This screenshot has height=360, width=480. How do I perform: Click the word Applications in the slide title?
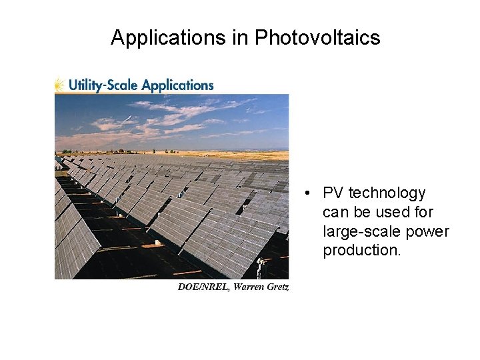tap(169, 38)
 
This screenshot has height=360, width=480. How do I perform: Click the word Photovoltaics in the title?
tap(317, 38)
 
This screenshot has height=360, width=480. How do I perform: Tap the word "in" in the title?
tap(240, 38)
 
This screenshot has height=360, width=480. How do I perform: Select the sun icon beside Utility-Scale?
tap(60, 85)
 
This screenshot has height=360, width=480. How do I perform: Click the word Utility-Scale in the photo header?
tap(104, 85)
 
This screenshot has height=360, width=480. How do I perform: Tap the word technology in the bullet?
tap(387, 193)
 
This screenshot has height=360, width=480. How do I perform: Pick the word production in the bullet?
tap(361, 251)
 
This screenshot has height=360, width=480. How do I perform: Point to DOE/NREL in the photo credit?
tap(202, 287)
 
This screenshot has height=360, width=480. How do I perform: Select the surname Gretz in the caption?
tap(278, 287)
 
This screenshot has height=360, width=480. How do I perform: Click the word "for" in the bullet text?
tap(423, 213)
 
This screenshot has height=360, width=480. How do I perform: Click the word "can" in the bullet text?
tap(335, 213)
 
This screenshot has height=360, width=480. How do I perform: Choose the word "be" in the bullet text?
tap(359, 213)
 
